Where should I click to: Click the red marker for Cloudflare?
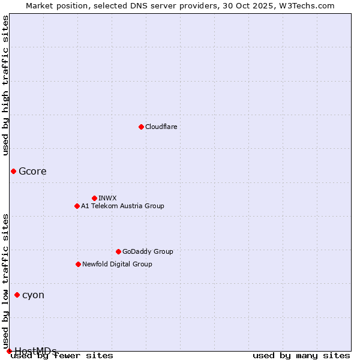(141, 127)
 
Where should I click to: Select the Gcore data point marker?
(13, 171)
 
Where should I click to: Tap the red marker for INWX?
(94, 198)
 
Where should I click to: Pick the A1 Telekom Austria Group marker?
(77, 206)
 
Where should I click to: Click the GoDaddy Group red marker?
(118, 251)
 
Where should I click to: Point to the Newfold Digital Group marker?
(78, 264)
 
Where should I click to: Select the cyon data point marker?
(17, 295)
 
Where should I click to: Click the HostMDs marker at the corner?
(9, 351)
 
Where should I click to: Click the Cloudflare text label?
(161, 127)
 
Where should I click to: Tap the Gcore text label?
(32, 171)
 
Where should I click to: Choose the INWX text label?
(107, 198)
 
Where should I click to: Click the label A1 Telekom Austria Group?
(122, 206)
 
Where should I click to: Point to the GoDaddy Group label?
(148, 251)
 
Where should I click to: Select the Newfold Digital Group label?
(117, 264)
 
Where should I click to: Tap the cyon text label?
(33, 295)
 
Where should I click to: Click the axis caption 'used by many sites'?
(301, 356)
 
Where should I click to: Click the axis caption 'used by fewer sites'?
(62, 356)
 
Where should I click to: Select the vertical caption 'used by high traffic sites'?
(5, 85)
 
